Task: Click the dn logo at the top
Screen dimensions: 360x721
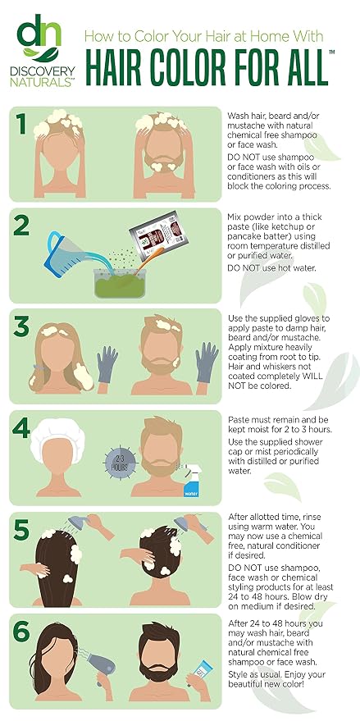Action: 39,39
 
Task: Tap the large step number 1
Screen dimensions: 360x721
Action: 21,124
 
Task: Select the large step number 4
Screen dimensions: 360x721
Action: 21,428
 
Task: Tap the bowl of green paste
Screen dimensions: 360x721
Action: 120,283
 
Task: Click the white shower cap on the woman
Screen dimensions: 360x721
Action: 57,435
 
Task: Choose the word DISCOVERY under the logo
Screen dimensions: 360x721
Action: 43,71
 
